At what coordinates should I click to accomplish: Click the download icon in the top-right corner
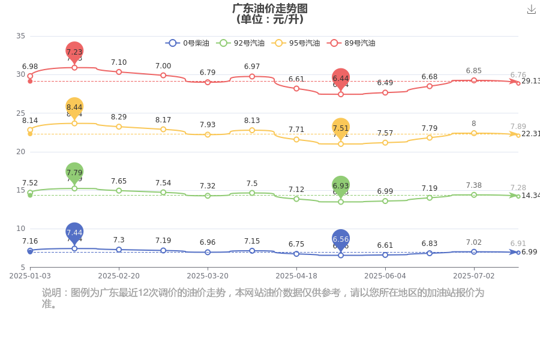[x=531, y=10]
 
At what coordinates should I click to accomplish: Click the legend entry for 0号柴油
[x=188, y=43]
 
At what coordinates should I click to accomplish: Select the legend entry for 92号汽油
[x=240, y=43]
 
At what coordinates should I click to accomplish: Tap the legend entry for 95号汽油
[x=296, y=43]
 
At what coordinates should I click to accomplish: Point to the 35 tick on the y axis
[x=20, y=36]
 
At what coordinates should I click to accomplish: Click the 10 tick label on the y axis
[x=20, y=229]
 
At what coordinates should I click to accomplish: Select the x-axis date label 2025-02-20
[x=119, y=275]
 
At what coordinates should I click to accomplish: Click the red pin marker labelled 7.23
[x=74, y=52]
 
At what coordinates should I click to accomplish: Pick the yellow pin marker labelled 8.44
[x=74, y=107]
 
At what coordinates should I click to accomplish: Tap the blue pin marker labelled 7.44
[x=74, y=232]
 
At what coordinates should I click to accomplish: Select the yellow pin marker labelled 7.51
[x=341, y=128]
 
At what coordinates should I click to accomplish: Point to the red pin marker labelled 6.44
[x=341, y=78]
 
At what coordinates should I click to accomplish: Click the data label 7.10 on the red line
[x=119, y=62]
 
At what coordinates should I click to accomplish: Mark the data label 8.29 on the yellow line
[x=119, y=117]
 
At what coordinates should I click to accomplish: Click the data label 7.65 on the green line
[x=119, y=181]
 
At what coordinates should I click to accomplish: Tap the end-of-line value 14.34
[x=530, y=196]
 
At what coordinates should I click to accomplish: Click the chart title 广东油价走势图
[x=270, y=8]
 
